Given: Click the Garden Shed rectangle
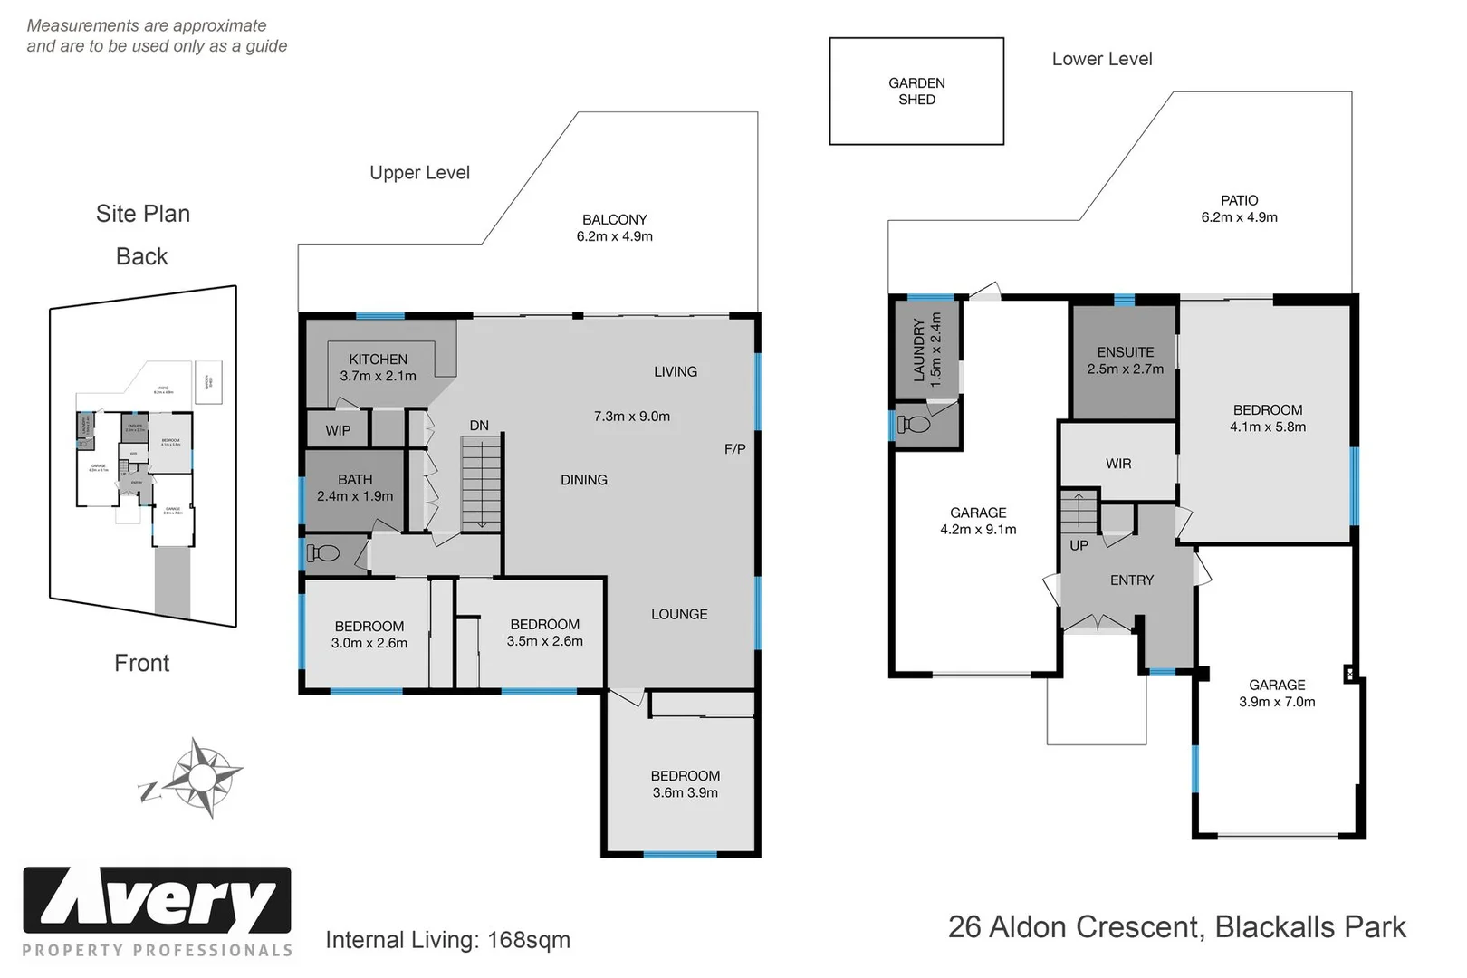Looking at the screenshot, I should point(916,91).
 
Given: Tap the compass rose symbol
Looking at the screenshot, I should point(201,777).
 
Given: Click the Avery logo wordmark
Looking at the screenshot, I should point(157,901).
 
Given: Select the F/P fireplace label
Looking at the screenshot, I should point(734,449).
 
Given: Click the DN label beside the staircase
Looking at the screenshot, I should point(479,426).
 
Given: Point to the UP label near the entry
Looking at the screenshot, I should point(1079,545).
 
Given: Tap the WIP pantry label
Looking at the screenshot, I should point(338,430).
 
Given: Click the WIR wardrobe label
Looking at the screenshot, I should point(1118,464).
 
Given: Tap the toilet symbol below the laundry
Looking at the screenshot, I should point(914,424).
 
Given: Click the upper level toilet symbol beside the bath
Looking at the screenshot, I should point(323,552).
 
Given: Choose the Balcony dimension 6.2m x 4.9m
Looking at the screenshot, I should point(614,236).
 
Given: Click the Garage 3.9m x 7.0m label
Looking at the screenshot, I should point(1277,694).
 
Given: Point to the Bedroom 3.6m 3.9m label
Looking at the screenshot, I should point(685,784).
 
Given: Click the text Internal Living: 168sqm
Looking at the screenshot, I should point(447,940).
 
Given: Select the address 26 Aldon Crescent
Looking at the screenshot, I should point(1075,927).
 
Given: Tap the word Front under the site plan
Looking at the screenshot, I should point(141,663).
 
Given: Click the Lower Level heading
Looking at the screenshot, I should point(1101,59).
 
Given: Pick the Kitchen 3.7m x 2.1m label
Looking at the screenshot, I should point(378,368).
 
